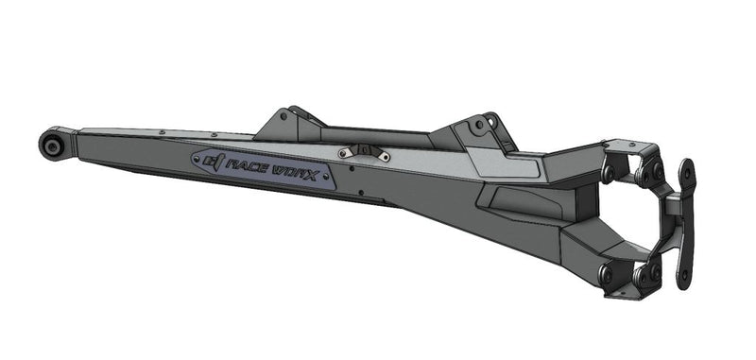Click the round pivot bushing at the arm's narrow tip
[51, 145]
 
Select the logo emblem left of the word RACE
[212, 163]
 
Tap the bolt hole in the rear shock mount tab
[490, 123]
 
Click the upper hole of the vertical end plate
[686, 173]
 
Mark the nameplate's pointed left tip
[193, 161]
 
